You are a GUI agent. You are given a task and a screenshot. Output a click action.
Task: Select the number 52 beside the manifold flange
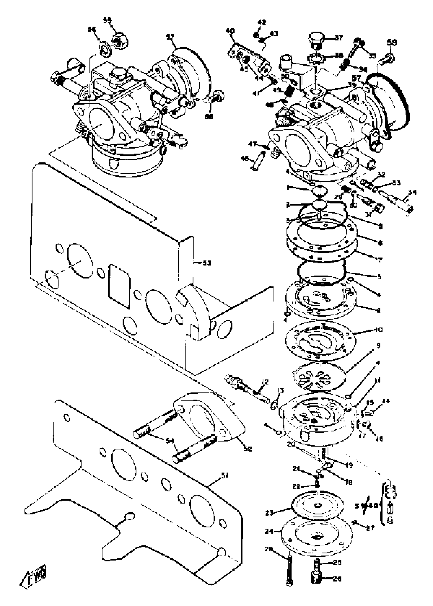pyautogui.click(x=248, y=449)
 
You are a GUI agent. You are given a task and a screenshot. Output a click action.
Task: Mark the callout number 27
pyautogui.click(x=370, y=528)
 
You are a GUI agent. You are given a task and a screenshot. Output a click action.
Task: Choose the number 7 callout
pyautogui.click(x=380, y=259)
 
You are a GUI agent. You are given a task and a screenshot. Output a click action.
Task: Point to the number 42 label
pyautogui.click(x=262, y=22)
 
